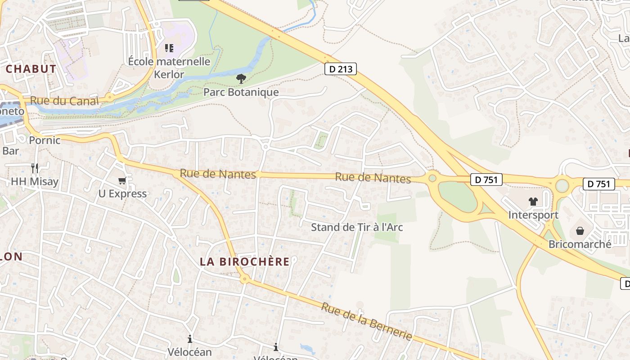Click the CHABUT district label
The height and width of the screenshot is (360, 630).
(x=31, y=69)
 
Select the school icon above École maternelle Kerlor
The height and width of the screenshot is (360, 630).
(x=169, y=48)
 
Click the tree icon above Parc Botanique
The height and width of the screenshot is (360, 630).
(x=241, y=79)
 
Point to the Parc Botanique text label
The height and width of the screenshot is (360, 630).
(x=241, y=92)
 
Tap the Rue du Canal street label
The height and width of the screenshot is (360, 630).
(x=64, y=101)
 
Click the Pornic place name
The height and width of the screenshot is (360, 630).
(x=45, y=140)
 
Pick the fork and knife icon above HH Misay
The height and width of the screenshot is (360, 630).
(x=35, y=168)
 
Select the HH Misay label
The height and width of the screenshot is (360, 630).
(x=35, y=182)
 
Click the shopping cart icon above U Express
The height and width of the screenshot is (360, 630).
(x=122, y=181)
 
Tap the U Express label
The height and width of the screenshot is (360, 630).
(x=122, y=194)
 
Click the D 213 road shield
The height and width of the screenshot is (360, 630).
(x=341, y=69)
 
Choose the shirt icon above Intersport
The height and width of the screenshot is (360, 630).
(x=533, y=202)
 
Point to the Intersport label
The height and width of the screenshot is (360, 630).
(x=533, y=215)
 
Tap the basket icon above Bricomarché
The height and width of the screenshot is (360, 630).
(x=580, y=231)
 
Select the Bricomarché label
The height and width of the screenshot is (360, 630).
(x=580, y=244)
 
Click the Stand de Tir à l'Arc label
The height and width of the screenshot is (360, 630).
(x=357, y=227)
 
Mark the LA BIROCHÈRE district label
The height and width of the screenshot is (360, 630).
(x=245, y=261)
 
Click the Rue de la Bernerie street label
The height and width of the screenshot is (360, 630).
(x=367, y=321)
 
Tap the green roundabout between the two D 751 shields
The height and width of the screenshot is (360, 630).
(x=562, y=185)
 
